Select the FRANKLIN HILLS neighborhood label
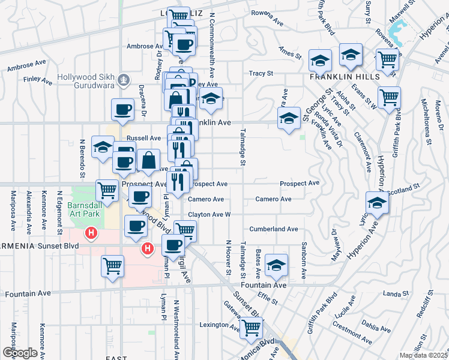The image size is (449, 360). pyautogui.click(x=344, y=77)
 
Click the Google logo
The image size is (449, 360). pyautogui.click(x=20, y=353)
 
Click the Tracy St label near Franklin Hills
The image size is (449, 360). pyautogui.click(x=261, y=73)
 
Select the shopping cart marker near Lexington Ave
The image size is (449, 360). pyautogui.click(x=252, y=328)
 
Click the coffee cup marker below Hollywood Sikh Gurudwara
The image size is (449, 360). pyautogui.click(x=123, y=110)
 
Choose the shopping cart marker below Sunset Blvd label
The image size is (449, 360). pyautogui.click(x=112, y=266)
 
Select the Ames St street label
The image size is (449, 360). pyautogui.click(x=290, y=53)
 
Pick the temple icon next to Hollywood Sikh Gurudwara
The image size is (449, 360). pyautogui.click(x=123, y=79)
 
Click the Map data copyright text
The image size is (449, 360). pyautogui.click(x=424, y=355)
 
